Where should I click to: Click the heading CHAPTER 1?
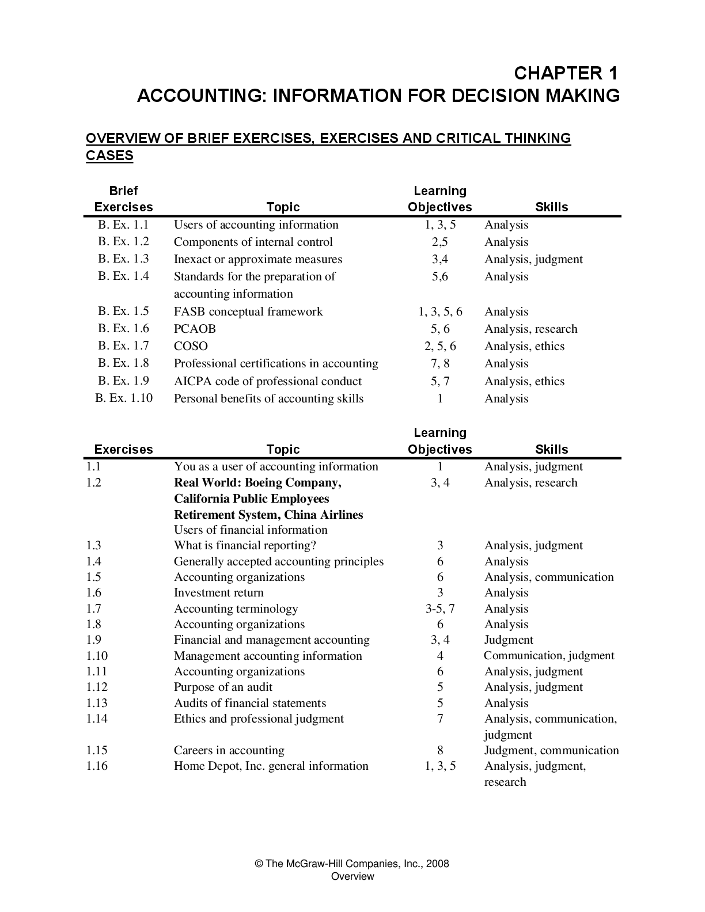pos(565,73)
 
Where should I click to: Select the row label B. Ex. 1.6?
pos(123,329)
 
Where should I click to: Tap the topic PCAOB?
pos(195,329)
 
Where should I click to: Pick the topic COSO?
pos(191,347)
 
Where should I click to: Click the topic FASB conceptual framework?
pos(248,312)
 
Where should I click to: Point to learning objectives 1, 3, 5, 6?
pos(440,312)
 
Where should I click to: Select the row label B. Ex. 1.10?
pos(124,398)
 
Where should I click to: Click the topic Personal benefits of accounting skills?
pos(268,398)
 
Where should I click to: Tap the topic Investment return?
pos(218,593)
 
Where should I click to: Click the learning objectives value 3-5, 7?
pos(440,609)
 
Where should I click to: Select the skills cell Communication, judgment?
pos(549,656)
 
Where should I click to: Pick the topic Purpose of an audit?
pos(223,687)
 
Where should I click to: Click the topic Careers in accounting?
pos(229,750)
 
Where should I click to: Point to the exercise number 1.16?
pos(97,766)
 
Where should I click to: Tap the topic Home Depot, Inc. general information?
pos(271,766)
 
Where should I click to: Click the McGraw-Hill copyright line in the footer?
pos(352,864)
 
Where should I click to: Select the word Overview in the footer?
pos(352,876)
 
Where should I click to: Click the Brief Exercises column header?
pos(123,199)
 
